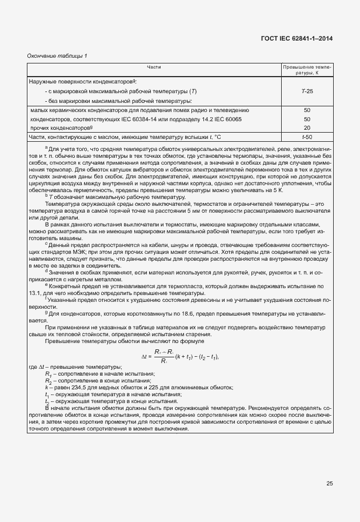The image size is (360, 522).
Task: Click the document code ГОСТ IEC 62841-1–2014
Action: click(x=297, y=39)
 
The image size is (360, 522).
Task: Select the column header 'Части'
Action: click(x=153, y=67)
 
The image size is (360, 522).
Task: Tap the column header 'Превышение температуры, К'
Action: click(x=307, y=70)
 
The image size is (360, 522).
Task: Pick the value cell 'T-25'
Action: click(x=307, y=91)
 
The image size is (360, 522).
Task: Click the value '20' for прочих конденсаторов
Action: click(x=307, y=128)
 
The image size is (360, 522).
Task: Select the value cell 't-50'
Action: click(x=307, y=138)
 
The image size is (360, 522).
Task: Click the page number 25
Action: click(x=329, y=484)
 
